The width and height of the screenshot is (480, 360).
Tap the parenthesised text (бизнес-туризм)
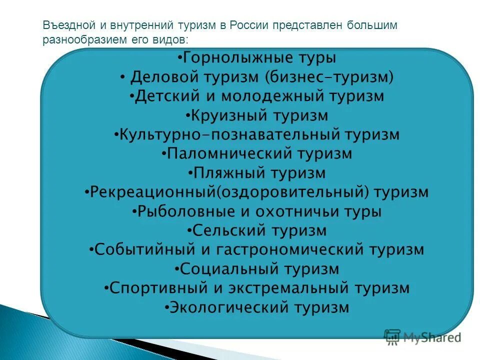tap(330, 77)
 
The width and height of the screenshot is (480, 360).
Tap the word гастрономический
tap(292, 249)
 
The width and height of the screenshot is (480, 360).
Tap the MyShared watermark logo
tap(423, 337)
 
